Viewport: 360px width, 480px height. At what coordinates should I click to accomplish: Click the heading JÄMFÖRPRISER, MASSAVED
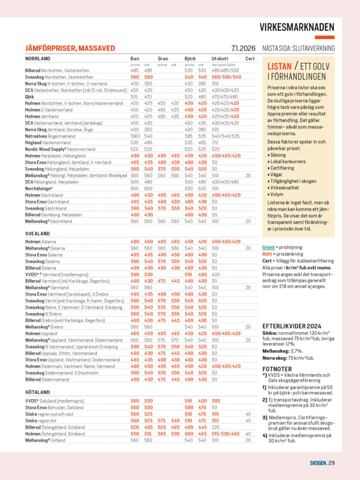[x=70, y=48]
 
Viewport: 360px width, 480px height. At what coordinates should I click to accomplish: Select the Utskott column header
[x=220, y=59]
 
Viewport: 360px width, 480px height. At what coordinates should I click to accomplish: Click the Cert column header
[x=250, y=59]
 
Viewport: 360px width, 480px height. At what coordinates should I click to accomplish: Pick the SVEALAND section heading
[x=37, y=233]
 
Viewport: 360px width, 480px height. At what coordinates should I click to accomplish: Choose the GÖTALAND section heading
[x=38, y=392]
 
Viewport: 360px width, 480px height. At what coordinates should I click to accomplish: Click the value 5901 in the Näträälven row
[x=135, y=135]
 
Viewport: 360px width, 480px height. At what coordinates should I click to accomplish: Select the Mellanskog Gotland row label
[x=44, y=440]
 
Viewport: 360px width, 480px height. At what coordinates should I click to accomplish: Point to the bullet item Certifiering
[x=284, y=167]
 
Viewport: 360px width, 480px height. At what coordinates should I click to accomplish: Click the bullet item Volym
[x=277, y=194]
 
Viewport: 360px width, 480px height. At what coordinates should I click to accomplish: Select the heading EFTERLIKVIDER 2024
[x=292, y=326]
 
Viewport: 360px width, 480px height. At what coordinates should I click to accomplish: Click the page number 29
[x=331, y=462]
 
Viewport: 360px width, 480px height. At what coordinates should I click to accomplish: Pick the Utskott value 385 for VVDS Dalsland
[x=216, y=401]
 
